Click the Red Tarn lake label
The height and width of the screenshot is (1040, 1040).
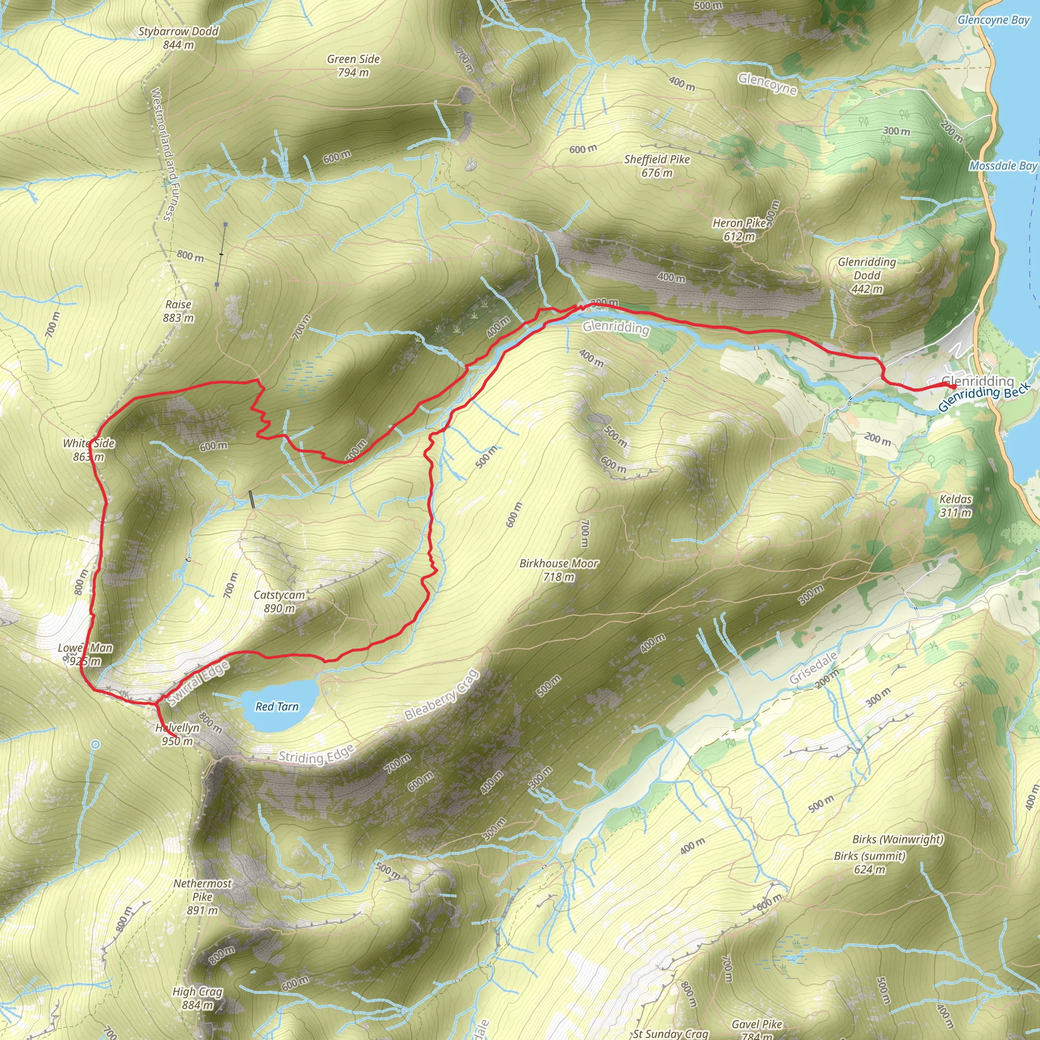point(277,707)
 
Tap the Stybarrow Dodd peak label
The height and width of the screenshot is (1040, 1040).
point(178,38)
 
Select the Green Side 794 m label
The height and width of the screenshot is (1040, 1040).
point(353,66)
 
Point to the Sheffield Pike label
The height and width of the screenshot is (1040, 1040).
point(657,166)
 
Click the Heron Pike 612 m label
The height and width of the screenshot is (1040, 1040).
point(739,230)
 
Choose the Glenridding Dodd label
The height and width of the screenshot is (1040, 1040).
point(867,275)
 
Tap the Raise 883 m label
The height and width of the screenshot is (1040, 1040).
point(178,311)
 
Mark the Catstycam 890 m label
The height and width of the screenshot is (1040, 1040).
point(279,601)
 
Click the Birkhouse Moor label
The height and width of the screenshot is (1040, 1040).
point(559,570)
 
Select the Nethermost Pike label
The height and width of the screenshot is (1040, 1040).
point(203,897)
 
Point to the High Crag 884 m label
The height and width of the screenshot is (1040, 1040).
point(197,998)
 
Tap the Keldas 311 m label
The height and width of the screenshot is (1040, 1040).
point(956,505)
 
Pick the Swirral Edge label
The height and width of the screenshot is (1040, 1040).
point(198,684)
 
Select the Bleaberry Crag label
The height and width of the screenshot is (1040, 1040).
point(441,695)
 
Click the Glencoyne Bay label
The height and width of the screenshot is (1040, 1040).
point(993,20)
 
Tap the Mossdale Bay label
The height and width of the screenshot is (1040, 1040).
point(1003,166)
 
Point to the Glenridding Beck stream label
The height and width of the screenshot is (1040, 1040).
point(984,397)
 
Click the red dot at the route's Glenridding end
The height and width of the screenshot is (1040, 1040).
point(953,386)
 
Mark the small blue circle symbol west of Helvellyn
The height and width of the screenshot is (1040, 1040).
point(95,744)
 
